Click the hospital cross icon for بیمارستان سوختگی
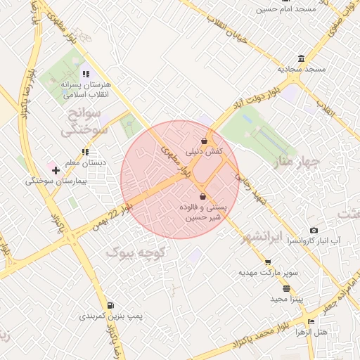(56, 170)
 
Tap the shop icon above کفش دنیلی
(204, 141)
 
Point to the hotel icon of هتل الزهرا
(311, 321)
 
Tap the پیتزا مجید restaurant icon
(286, 288)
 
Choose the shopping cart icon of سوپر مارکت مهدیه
(268, 262)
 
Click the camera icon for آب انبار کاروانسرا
(314, 230)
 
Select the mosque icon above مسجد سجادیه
(301, 58)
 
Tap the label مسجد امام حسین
(286, 9)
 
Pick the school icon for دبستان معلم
(85, 152)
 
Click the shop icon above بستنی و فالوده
(203, 196)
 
